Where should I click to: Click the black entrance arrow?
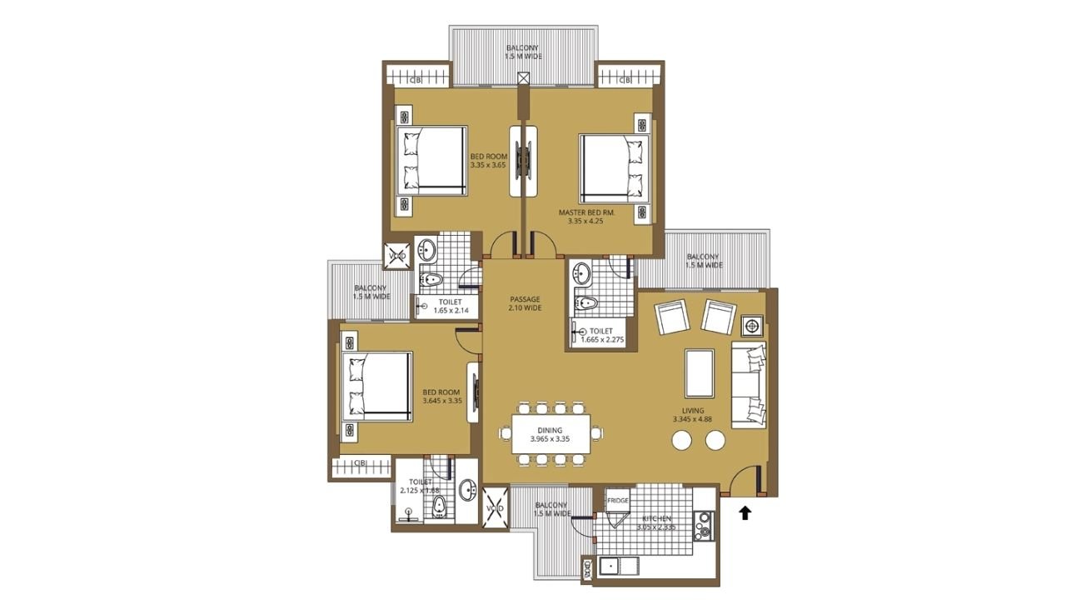click(745, 512)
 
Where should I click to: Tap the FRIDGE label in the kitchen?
click(618, 501)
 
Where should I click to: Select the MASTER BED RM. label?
click(586, 217)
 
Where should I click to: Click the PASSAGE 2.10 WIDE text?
click(525, 303)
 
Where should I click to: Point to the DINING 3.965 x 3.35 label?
click(550, 434)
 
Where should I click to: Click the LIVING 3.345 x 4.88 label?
click(692, 415)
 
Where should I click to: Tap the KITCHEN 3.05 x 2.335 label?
click(656, 522)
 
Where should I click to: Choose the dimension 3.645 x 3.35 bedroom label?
click(442, 397)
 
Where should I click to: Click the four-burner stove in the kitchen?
click(704, 526)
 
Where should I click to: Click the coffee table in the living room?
click(699, 373)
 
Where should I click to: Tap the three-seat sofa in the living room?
click(749, 384)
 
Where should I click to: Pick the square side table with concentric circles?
click(752, 326)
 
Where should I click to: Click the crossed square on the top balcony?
click(523, 78)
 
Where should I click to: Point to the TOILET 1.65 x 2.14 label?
click(451, 306)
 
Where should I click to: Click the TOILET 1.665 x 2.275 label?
click(601, 335)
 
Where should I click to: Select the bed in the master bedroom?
click(614, 169)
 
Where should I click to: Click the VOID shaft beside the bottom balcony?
click(495, 507)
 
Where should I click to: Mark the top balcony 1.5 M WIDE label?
click(522, 52)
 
